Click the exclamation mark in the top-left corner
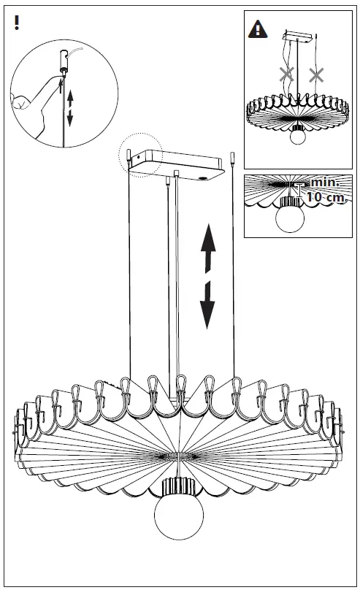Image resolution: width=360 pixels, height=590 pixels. point(16,22)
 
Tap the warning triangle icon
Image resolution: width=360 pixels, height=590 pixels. point(258,29)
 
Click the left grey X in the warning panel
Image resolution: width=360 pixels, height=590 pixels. point(287,74)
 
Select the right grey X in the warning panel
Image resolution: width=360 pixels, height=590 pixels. point(316,75)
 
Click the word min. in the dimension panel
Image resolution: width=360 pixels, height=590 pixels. point(325,183)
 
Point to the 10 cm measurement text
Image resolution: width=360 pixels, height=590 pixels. point(326,197)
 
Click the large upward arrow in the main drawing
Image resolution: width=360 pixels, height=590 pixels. point(208,248)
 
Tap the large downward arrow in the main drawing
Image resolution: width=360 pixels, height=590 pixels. point(207,304)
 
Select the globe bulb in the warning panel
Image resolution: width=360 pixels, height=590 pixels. point(299,135)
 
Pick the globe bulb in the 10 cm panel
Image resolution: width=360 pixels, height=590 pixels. point(290,218)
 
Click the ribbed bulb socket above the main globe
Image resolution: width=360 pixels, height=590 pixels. point(178,486)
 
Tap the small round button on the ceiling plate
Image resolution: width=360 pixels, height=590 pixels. point(203,178)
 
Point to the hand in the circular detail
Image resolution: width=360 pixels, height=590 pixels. point(34,104)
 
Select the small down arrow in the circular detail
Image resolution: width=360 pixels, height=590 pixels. point(69,118)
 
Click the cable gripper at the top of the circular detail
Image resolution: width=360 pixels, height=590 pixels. point(64,64)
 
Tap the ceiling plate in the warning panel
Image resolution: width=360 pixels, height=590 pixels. point(297,36)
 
